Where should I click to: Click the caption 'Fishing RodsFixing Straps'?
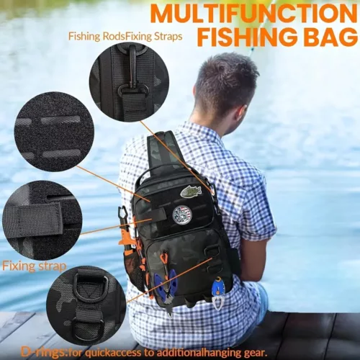pyautogui.click(x=125, y=36)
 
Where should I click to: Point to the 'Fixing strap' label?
pyautogui.click(x=34, y=266)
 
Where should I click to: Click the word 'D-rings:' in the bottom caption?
pyautogui.click(x=44, y=352)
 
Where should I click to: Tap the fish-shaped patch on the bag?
pyautogui.click(x=191, y=192)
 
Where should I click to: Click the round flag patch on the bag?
pyautogui.click(x=181, y=214)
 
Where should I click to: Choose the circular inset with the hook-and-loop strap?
pyautogui.click(x=41, y=220)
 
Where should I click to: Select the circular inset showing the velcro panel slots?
pyautogui.click(x=54, y=131)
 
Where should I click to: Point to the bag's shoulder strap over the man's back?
pyautogui.click(x=163, y=149)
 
